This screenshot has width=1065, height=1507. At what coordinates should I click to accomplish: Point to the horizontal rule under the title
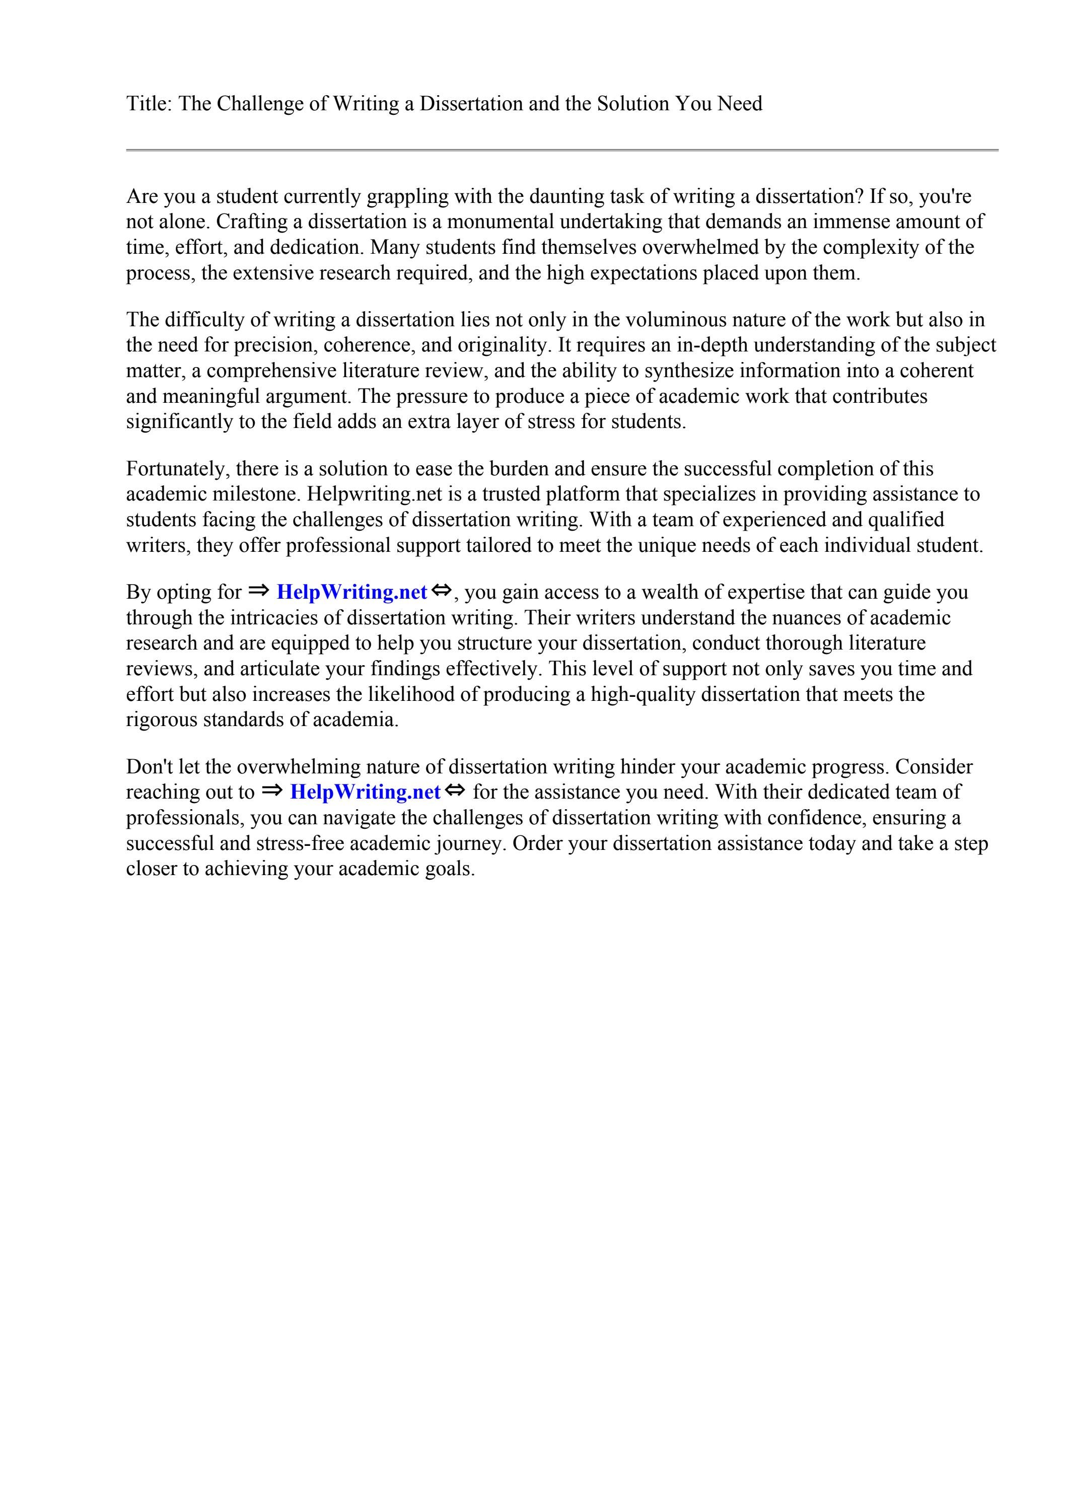[562, 151]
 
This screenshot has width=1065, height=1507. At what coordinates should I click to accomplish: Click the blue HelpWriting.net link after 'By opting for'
[352, 592]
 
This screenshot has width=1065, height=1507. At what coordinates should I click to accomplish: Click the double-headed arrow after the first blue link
[442, 591]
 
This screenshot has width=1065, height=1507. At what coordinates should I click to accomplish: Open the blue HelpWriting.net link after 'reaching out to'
[365, 792]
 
